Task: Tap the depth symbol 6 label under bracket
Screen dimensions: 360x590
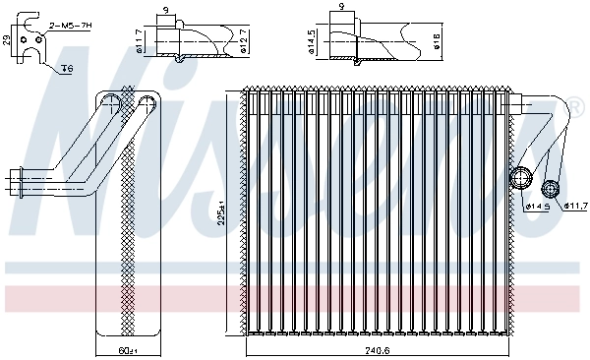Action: click(67, 68)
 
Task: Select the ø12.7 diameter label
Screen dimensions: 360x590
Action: click(243, 40)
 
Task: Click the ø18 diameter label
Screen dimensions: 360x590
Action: click(436, 42)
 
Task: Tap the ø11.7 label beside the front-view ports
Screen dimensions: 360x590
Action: click(576, 206)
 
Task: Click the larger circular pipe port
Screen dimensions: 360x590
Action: click(520, 179)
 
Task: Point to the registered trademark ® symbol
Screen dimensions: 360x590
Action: click(573, 105)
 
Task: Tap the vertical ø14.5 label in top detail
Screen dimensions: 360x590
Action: click(313, 42)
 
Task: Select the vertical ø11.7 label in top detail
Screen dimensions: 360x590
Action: click(140, 41)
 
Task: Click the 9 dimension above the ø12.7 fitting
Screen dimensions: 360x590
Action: click(165, 9)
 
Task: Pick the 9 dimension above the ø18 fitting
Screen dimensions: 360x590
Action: click(341, 7)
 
